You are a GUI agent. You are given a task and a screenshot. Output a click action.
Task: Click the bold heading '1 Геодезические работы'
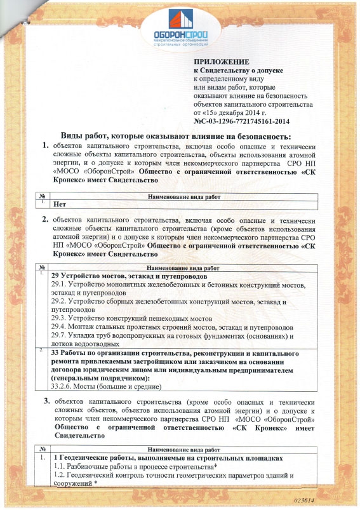click(168, 457)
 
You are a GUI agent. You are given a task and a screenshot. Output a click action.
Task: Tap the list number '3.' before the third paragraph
click(46, 401)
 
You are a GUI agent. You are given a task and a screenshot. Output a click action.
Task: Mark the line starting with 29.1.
click(178, 286)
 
